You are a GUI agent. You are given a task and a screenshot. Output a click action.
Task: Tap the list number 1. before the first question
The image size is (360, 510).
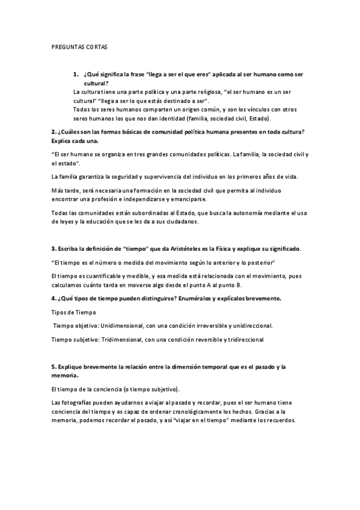tap(76, 74)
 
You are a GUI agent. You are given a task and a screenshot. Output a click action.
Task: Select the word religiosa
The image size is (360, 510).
tap(198, 91)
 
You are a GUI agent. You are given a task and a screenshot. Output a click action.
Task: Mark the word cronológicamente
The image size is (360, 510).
tap(206, 411)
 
